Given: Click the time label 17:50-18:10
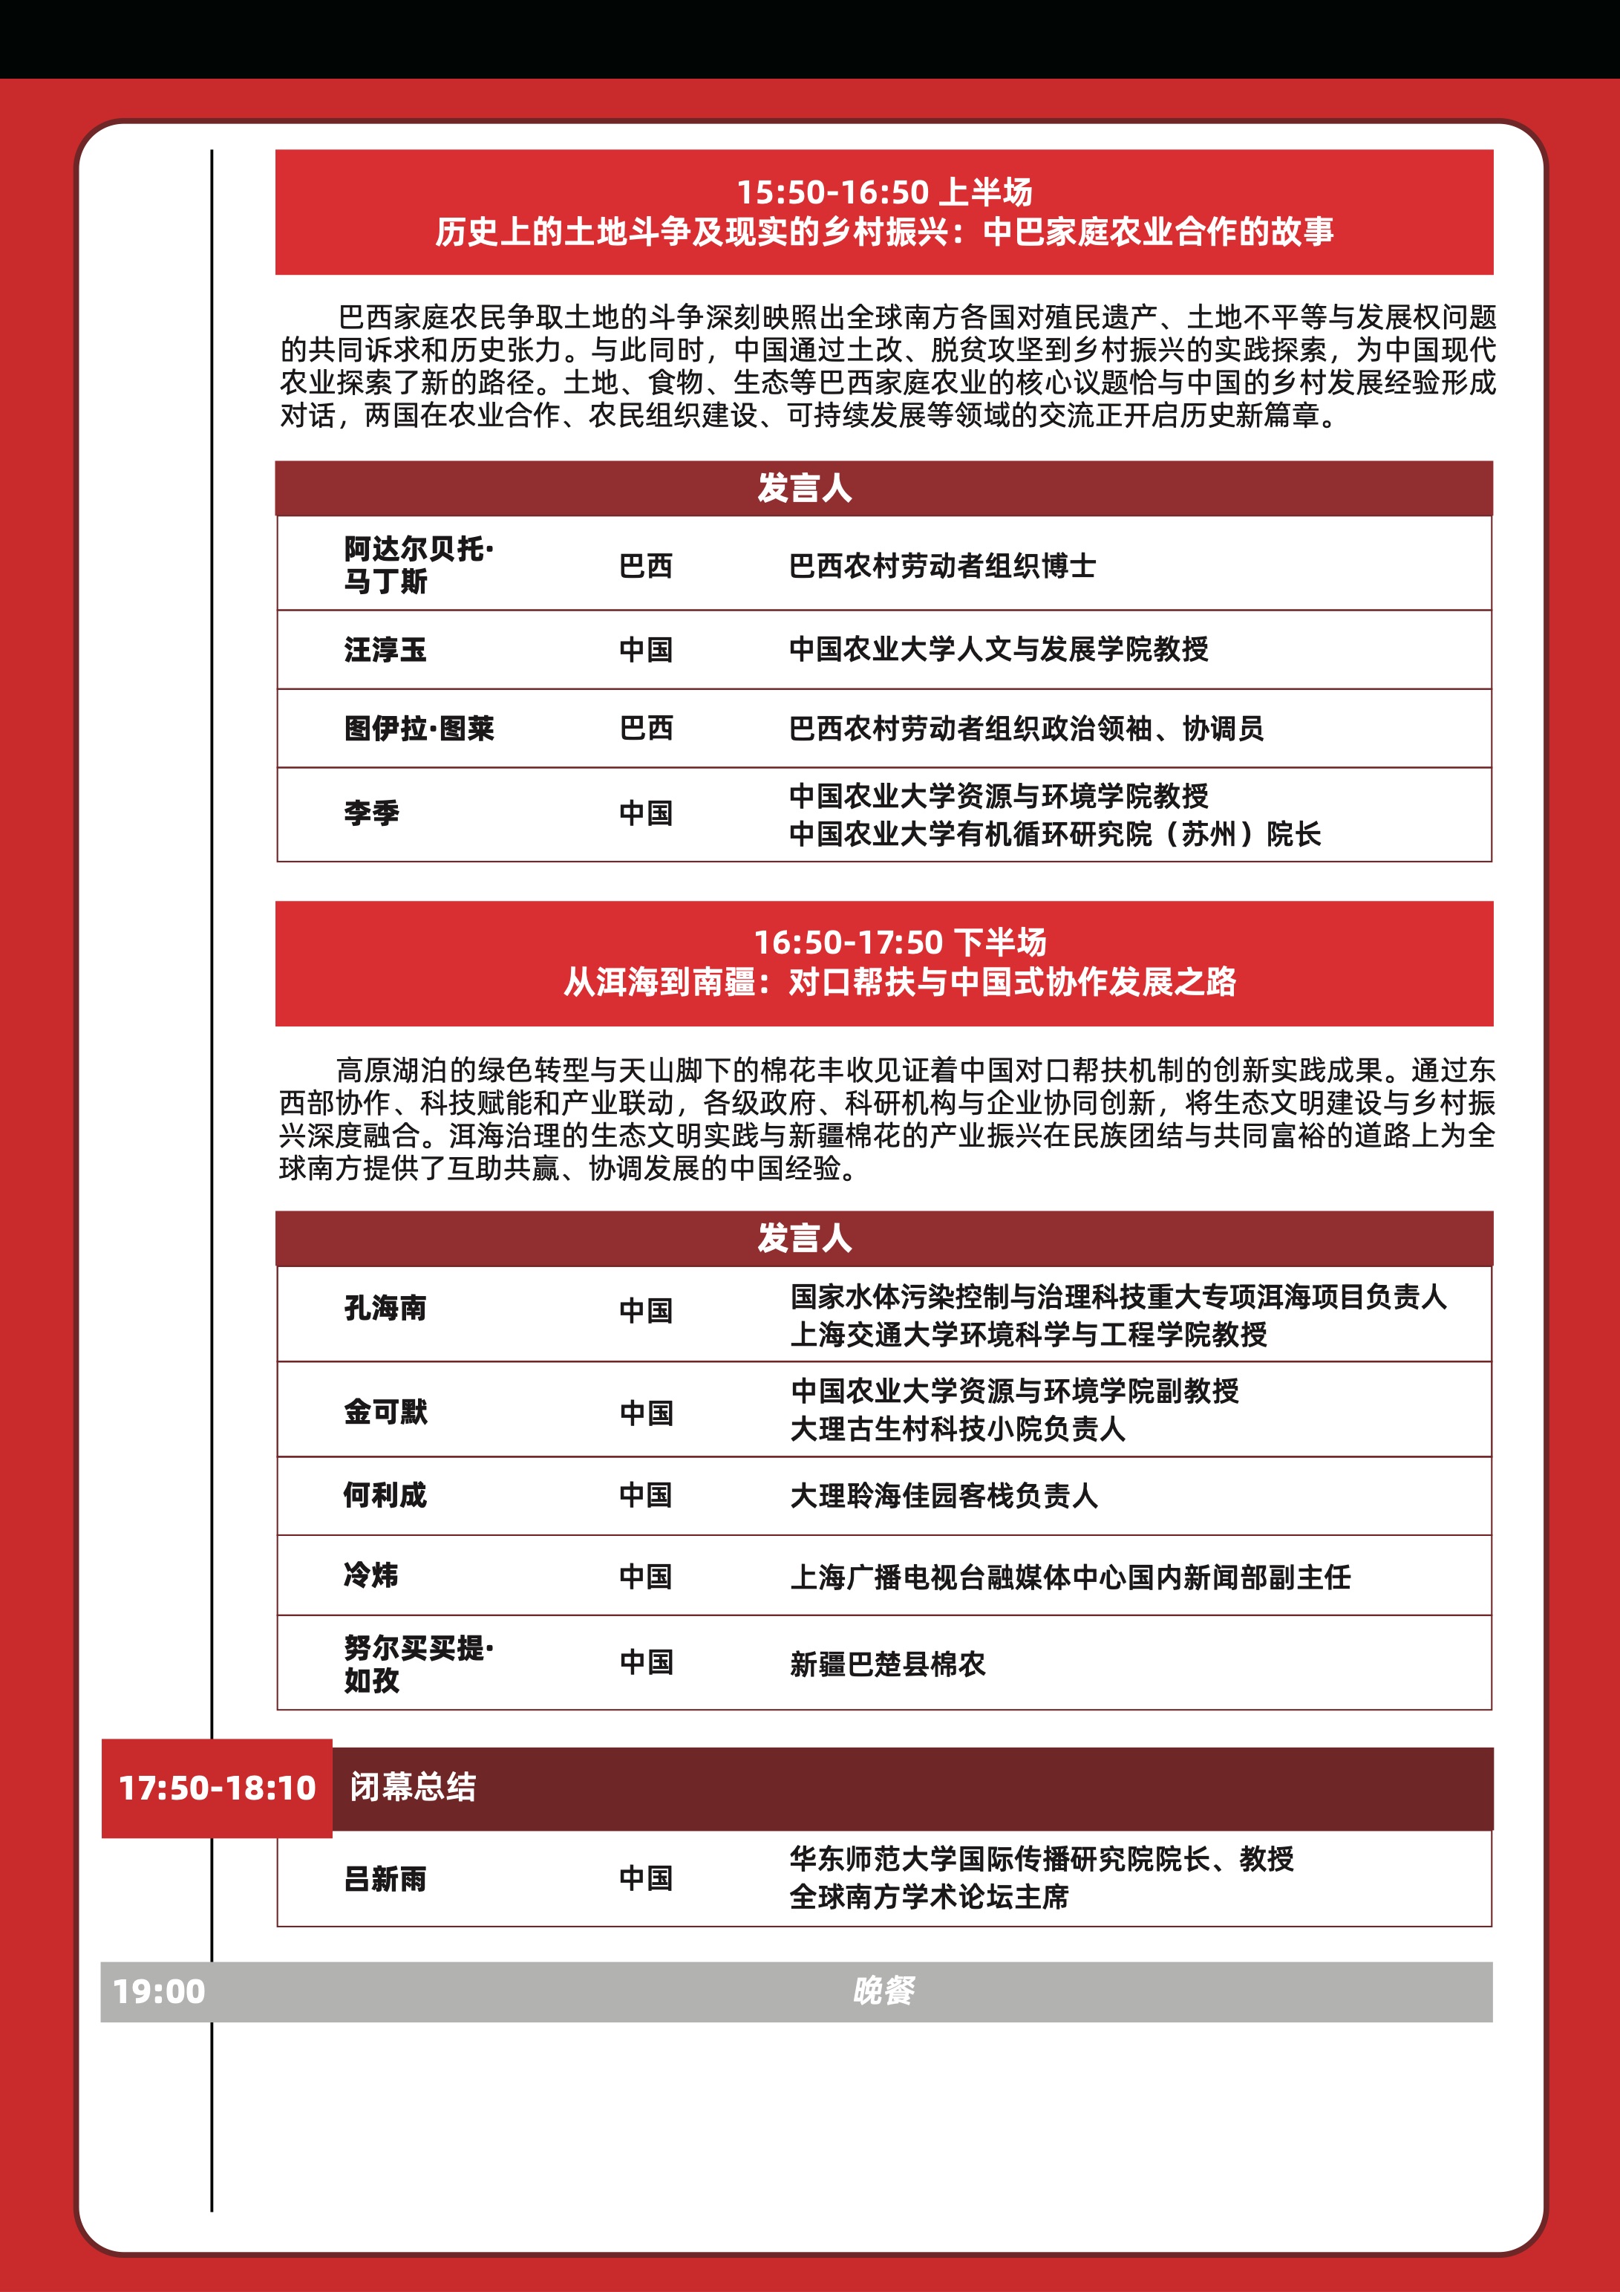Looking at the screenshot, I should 217,1787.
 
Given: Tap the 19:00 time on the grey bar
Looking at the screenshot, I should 159,1991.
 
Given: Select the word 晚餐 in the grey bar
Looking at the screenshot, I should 884,1991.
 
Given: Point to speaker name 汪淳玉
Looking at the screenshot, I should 385,650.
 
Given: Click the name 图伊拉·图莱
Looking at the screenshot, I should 419,729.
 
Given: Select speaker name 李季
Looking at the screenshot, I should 371,813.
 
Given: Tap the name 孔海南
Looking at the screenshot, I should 385,1308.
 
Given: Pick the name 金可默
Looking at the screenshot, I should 385,1412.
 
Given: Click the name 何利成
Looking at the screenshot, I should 385,1494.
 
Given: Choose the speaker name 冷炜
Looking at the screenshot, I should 371,1575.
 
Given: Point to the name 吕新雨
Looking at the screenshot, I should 385,1879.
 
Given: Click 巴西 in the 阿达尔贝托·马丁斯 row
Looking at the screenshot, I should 646,566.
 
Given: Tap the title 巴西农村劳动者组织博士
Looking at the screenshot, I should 942,566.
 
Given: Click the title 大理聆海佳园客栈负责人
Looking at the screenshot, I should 943,1495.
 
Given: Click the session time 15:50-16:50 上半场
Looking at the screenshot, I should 884,192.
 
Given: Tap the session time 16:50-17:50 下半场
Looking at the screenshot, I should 899,942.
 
